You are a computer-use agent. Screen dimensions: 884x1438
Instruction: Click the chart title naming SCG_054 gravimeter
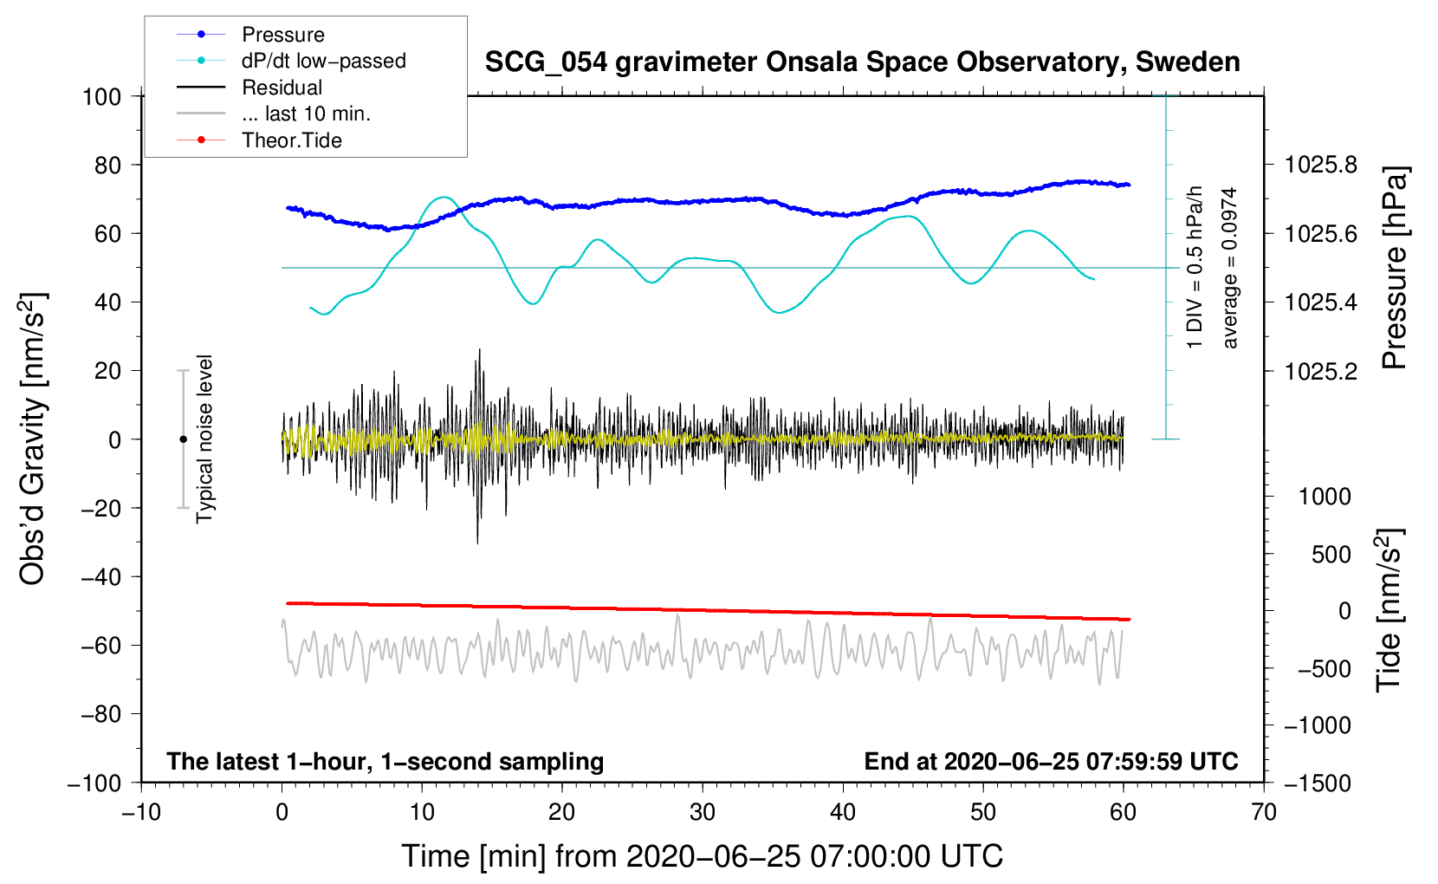pos(862,62)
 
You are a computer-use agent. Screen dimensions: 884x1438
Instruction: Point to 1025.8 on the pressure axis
pos(1321,165)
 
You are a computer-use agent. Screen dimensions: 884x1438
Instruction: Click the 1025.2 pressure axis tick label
pos(1321,371)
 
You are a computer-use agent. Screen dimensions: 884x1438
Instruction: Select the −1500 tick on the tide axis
pos(1317,783)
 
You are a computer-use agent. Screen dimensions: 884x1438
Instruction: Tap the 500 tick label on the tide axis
pos(1331,554)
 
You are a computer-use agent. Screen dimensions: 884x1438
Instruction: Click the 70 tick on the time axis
pos(1264,812)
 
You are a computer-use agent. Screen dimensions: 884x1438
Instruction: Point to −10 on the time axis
pos(141,812)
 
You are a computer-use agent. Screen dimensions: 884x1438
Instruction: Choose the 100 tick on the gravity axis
pos(101,96)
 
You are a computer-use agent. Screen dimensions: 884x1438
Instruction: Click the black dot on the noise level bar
pos(183,439)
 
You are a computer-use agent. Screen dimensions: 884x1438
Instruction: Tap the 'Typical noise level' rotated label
pos(204,439)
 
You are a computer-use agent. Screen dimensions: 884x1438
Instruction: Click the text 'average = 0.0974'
pos(1230,268)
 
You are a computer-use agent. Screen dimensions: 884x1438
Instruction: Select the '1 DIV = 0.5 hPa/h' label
pos(1195,268)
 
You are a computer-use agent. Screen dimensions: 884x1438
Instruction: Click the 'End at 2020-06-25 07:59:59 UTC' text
pos(1051,761)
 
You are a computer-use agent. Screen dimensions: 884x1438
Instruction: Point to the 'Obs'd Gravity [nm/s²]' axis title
pos(33,439)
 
